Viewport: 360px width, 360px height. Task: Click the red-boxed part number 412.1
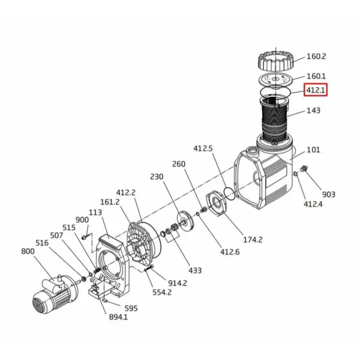316,90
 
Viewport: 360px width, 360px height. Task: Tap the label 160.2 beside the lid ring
316,57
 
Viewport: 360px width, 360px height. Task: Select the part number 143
313,110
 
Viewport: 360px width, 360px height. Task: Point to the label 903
328,195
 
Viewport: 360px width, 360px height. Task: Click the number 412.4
313,204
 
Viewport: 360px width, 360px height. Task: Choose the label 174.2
253,239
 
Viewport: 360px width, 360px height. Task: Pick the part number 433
195,270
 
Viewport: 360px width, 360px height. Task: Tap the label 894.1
118,317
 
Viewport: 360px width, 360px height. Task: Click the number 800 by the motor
28,251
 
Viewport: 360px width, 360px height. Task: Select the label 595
131,308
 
